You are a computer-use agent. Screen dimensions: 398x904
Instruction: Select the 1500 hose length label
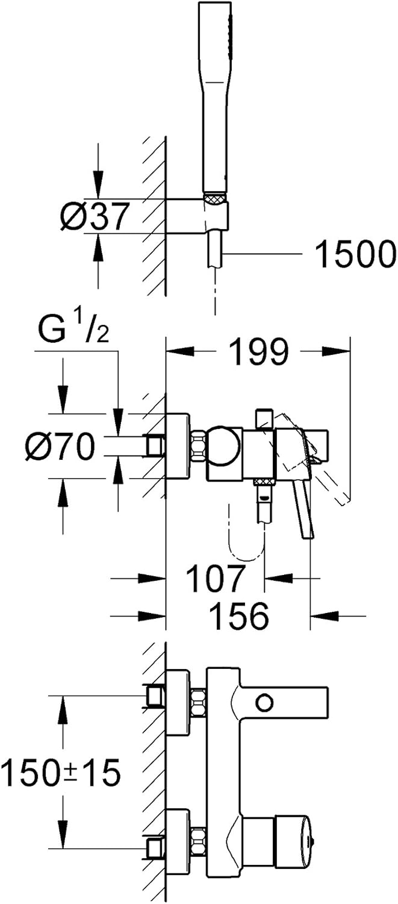354,254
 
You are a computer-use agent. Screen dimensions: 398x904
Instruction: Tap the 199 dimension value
259,351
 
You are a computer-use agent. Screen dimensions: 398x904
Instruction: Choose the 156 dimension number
239,616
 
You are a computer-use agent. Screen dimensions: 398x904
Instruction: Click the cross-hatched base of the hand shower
216,198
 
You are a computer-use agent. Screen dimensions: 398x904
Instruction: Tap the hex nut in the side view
198,446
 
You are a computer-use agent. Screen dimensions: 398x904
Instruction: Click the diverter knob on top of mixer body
264,419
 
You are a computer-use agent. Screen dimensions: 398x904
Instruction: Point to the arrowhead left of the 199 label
179,350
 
